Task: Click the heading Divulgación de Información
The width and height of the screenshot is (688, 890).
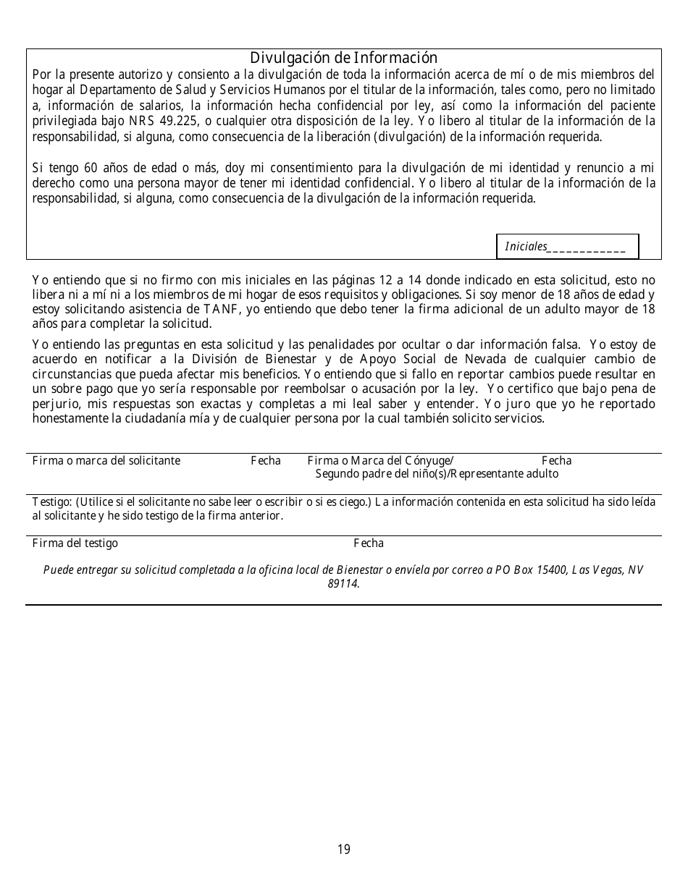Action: pos(343,58)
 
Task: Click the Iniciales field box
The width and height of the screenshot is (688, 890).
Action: pos(567,247)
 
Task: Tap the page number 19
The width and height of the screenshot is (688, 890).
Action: pos(343,849)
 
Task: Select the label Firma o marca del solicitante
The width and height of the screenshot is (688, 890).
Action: pos(106,461)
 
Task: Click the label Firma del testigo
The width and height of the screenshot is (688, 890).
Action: pos(75,543)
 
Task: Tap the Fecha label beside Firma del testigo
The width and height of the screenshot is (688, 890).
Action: pos(369,543)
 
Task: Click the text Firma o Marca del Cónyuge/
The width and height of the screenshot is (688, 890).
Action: pos(380,461)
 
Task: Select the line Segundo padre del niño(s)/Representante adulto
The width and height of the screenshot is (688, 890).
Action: pos(437,474)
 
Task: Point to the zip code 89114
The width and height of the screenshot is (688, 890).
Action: pos(343,584)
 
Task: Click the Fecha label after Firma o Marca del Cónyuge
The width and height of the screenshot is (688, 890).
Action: pos(556,461)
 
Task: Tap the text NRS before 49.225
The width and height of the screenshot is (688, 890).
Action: pos(141,121)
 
